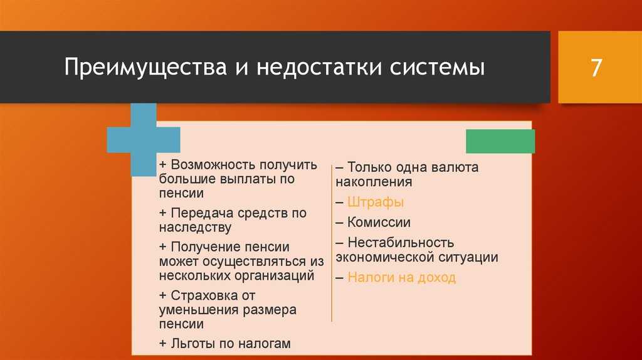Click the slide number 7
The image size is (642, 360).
coord(596,68)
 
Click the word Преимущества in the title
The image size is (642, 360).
coord(145,68)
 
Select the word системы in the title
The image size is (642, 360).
coord(437,68)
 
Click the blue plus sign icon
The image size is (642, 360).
coord(144,139)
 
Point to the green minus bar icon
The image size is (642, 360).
coord(500,141)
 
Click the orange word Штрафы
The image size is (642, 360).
coord(376,203)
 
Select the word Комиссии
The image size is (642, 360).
coord(379,223)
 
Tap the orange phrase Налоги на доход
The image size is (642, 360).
coord(402,278)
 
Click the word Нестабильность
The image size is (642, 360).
coord(401,243)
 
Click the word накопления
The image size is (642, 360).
coord(374,182)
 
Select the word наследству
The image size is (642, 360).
coord(196,228)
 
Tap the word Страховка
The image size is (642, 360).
coord(207,295)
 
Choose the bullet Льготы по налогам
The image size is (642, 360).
coord(225,343)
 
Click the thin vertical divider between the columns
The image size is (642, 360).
coord(332,243)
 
